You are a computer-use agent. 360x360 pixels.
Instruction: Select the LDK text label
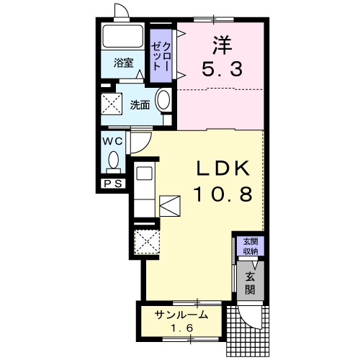pos(223,169)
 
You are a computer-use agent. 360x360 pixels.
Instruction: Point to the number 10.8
pos(222,195)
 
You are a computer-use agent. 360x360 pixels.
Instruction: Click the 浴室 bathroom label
pos(123,63)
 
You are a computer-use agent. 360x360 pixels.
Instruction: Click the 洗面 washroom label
pos(140,104)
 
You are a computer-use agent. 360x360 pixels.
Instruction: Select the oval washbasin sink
pos(163,101)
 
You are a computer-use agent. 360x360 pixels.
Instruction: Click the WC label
pos(112,141)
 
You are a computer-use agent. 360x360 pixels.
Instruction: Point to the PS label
pos(112,184)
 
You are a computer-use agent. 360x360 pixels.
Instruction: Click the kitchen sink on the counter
pos(144,174)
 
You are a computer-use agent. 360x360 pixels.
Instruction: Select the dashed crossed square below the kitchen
pos(148,240)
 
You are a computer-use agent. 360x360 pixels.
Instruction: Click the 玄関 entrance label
pos(251,283)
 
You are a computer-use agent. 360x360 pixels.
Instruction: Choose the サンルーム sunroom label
pos(182,314)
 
